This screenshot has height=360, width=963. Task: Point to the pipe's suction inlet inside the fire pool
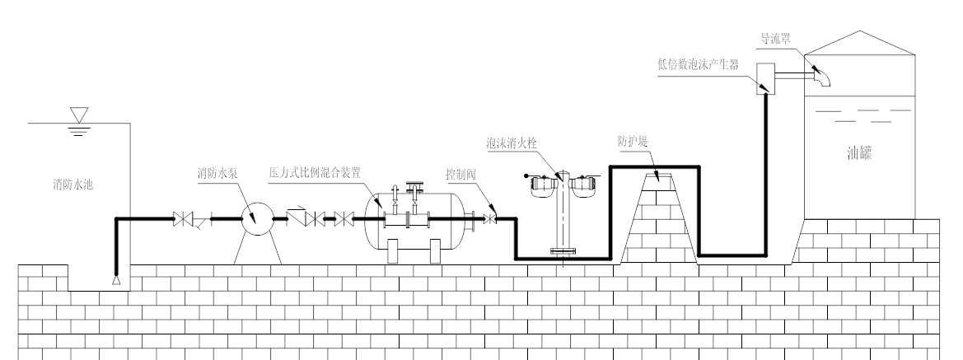click(x=116, y=280)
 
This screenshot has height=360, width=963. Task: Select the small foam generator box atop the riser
click(x=764, y=77)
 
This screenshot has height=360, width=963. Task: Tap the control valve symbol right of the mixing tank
click(x=492, y=220)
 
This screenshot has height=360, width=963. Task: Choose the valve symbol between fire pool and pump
click(x=182, y=220)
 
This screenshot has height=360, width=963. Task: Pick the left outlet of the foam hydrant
click(x=540, y=185)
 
